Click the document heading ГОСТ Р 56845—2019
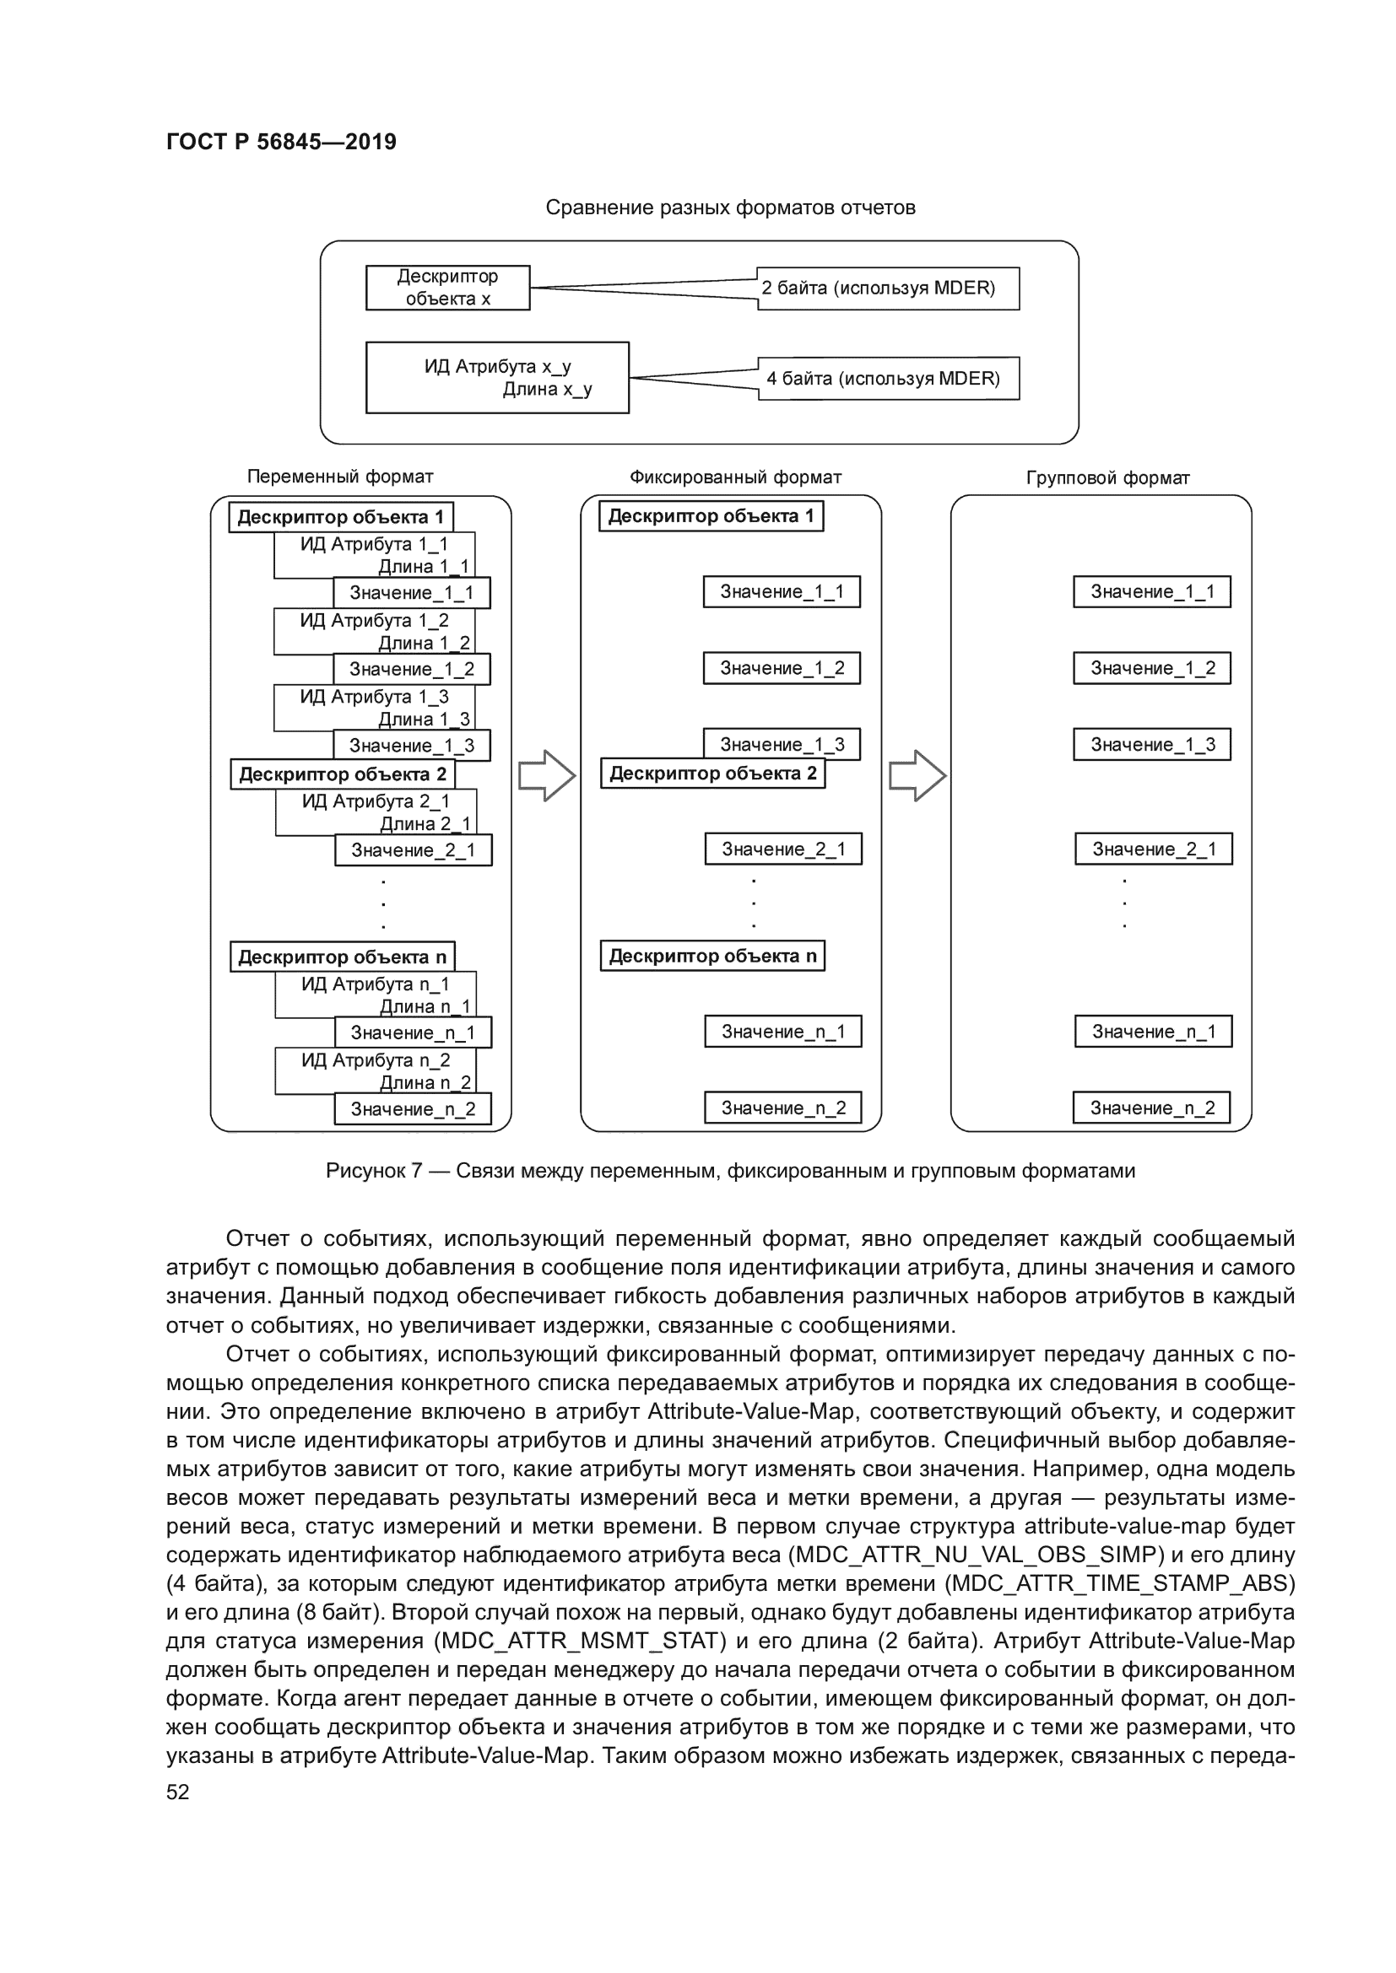point(281,142)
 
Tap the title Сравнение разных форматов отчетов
point(730,208)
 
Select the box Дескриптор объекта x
point(447,288)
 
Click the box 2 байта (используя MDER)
point(887,288)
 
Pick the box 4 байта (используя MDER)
point(888,379)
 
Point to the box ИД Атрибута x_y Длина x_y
point(497,378)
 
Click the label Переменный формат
point(339,477)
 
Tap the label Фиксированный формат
point(735,477)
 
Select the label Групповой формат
point(1107,478)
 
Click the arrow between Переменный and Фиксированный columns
point(547,776)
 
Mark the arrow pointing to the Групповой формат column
point(917,776)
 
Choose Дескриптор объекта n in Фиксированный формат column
point(712,957)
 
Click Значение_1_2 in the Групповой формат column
point(1152,669)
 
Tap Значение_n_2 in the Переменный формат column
point(413,1109)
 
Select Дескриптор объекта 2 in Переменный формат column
point(342,774)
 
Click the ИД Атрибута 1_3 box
point(373,706)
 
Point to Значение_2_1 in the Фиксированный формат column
point(783,850)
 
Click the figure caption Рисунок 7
point(730,1172)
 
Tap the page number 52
point(178,1792)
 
